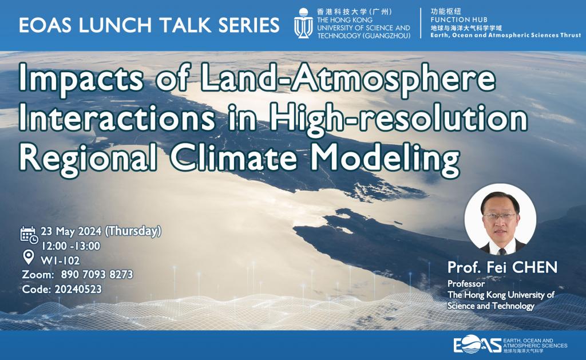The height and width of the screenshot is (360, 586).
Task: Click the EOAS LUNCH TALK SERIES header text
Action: (x=149, y=25)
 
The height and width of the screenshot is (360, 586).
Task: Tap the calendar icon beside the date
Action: (x=29, y=234)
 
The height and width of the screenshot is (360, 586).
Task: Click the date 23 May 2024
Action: (x=74, y=232)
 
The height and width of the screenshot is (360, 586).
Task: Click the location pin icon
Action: (x=27, y=255)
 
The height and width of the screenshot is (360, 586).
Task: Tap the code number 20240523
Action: (x=77, y=289)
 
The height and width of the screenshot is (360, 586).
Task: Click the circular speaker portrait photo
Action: (x=500, y=219)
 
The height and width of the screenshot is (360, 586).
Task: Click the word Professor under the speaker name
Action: (x=466, y=284)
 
